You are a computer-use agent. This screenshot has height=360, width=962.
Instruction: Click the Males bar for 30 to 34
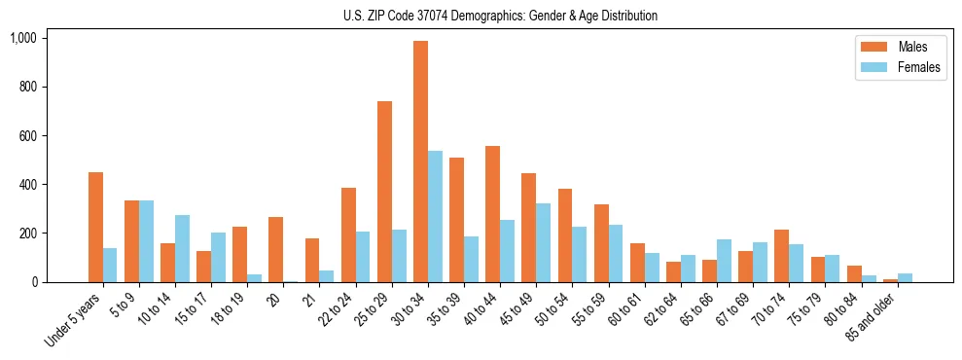click(420, 162)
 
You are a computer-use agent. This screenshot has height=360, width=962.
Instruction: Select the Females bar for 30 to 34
click(435, 216)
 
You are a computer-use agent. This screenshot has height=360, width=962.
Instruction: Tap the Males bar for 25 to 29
click(384, 192)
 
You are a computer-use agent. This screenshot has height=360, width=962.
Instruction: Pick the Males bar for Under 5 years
click(95, 227)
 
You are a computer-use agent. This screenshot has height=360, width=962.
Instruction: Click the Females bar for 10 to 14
click(182, 249)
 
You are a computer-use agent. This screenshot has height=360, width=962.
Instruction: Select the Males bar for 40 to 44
click(492, 214)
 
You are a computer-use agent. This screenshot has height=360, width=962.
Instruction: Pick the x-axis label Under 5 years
click(74, 322)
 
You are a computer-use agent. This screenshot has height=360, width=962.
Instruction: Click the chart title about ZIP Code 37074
click(500, 16)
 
